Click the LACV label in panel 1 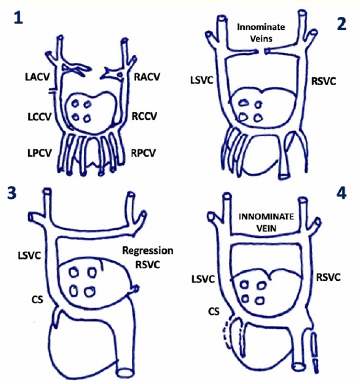pos(37,77)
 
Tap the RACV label pos(147,77)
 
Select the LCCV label pos(39,117)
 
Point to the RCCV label pos(144,116)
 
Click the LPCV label pos(39,153)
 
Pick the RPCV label pos(143,153)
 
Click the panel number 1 pos(18,18)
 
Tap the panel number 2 pos(342,24)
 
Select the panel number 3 pos(12,193)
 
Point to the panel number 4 pos(342,193)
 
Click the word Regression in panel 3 pos(148,251)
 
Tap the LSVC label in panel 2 pos(202,80)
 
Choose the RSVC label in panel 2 pos(323,81)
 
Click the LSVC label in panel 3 pos(29,256)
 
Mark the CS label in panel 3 pos(37,299)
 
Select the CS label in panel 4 pos(214,311)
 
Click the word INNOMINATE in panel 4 pos(266,217)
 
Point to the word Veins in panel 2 pos(261,39)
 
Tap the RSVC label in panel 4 pos(328,277)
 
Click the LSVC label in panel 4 pos(203,279)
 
